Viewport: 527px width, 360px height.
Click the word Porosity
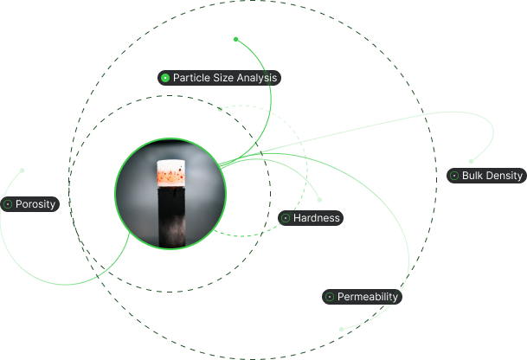(x=35, y=204)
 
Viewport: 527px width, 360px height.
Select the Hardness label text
(x=316, y=218)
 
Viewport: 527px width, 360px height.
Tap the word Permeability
(x=368, y=297)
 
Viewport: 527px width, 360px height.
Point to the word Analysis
(x=257, y=79)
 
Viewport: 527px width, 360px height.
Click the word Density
(x=505, y=176)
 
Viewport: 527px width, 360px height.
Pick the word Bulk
(x=472, y=176)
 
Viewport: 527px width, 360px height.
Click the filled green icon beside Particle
(x=165, y=78)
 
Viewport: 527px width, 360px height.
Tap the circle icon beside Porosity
(x=8, y=204)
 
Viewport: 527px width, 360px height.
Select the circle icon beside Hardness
(x=286, y=218)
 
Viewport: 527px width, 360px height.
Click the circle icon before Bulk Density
(x=454, y=176)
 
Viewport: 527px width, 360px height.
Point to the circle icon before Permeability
(x=330, y=297)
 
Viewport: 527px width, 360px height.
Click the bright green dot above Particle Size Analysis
(x=236, y=39)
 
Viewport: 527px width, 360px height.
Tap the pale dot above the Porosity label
(x=22, y=170)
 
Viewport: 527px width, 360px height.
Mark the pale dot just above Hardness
(x=319, y=200)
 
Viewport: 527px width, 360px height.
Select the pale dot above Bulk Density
(x=472, y=161)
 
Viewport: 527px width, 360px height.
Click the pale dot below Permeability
(x=342, y=330)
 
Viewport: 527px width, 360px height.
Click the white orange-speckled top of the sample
(x=171, y=173)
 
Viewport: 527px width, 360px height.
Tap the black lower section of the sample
(x=171, y=217)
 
